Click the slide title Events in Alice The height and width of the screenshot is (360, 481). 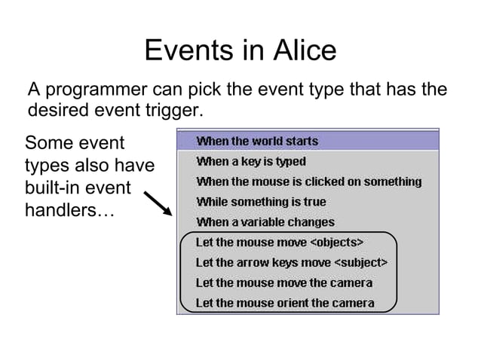pos(240,50)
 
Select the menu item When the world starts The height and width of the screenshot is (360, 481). pos(257,141)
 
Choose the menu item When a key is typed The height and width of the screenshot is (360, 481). pos(251,161)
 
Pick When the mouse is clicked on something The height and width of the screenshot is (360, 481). pos(308,182)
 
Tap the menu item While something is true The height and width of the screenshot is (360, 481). pos(261,202)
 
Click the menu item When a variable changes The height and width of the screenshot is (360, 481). pos(265,222)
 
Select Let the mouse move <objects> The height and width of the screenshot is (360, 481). pos(280,243)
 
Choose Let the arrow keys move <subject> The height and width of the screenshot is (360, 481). pos(292,263)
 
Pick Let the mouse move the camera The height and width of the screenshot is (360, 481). pos(284,283)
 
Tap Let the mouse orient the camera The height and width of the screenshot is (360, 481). pos(285,304)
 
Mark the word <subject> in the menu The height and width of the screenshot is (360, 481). pos(360,263)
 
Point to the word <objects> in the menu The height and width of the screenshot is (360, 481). pos(338,243)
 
